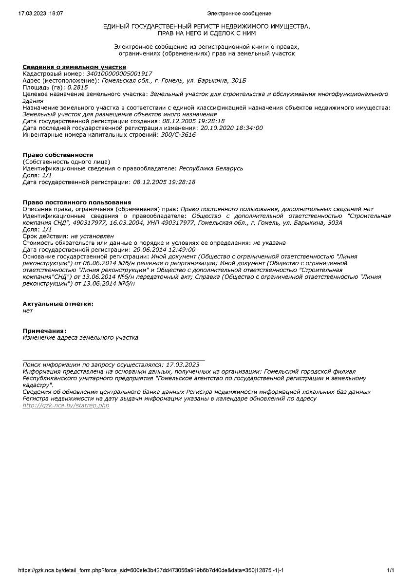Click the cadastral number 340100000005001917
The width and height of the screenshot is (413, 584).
tap(119, 73)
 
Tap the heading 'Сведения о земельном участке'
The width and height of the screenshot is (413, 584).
tap(75, 67)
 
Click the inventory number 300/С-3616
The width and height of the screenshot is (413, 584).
tap(178, 135)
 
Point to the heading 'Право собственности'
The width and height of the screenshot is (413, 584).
tap(58, 155)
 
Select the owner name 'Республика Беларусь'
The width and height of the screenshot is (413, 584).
tap(211, 168)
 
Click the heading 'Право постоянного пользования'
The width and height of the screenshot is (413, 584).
tap(77, 202)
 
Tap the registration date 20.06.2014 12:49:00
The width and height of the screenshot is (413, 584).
tap(164, 249)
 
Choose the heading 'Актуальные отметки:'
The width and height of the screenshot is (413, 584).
tap(58, 304)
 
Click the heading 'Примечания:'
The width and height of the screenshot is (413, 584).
tap(44, 331)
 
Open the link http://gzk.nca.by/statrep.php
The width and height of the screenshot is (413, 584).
tap(66, 405)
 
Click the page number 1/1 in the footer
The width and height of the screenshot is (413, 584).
tap(390, 570)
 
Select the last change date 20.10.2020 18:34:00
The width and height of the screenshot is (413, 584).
tap(232, 128)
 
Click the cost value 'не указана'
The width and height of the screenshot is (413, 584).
tap(269, 242)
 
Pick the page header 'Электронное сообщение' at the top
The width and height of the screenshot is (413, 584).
tap(239, 13)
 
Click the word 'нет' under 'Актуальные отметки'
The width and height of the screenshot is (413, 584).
tap(28, 310)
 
